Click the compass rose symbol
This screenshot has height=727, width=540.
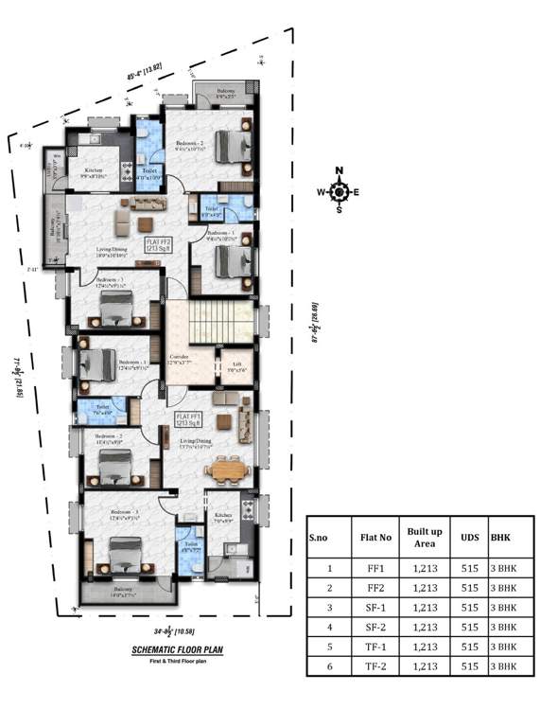tap(340, 190)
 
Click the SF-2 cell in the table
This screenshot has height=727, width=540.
tap(370, 627)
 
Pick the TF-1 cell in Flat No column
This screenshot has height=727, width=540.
tap(370, 647)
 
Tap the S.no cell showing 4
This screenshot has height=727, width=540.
tap(329, 627)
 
